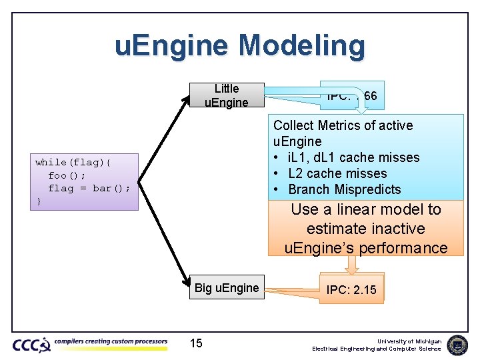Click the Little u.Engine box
coord(227,95)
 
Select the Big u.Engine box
coord(227,288)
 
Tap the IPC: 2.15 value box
coord(351,290)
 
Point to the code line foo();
coord(67,175)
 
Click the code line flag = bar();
coord(89,188)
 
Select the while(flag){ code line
coord(74,162)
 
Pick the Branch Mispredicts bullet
coord(344,189)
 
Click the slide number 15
coord(196,343)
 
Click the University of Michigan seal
coord(457,345)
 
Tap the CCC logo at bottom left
coord(31,345)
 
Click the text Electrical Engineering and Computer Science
coord(377,349)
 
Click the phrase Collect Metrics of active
coord(343,125)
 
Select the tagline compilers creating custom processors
coord(111,342)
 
